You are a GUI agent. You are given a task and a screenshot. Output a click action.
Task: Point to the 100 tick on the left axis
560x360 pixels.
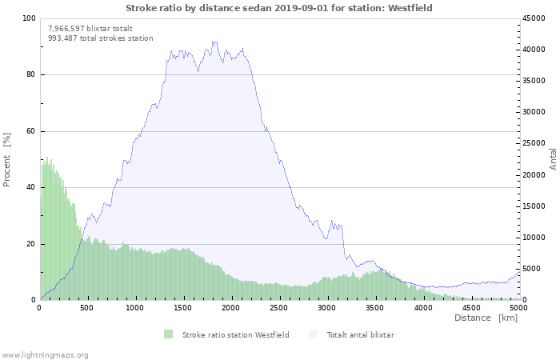pyautogui.click(x=30, y=18)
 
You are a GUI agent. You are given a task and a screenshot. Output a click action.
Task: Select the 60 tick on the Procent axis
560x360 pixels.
pyautogui.click(x=31, y=131)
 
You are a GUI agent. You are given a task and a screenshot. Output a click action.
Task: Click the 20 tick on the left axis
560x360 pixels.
pyautogui.click(x=31, y=244)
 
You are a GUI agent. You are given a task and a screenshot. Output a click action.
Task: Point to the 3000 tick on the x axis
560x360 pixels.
pyautogui.click(x=327, y=307)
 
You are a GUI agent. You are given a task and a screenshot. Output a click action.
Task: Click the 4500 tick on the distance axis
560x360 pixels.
pyautogui.click(x=471, y=307)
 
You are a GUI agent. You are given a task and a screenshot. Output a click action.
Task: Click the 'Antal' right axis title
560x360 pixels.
pyautogui.click(x=553, y=158)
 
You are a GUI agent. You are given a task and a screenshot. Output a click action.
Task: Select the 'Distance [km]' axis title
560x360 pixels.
pyautogui.click(x=486, y=318)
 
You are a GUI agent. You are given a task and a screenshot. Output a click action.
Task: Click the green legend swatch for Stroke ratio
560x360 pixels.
pyautogui.click(x=168, y=334)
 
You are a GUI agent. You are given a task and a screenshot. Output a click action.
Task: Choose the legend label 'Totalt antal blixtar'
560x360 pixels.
pyautogui.click(x=360, y=334)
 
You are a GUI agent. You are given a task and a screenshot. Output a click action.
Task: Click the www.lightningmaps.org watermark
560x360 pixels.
pyautogui.click(x=45, y=354)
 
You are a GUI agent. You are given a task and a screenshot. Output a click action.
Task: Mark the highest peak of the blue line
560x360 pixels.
pyautogui.click(x=214, y=42)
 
